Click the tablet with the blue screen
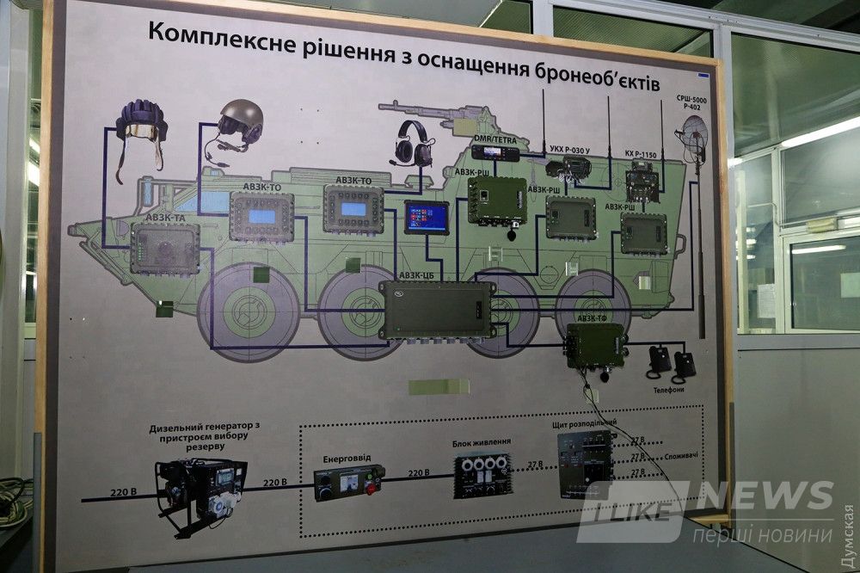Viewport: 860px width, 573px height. tap(427, 218)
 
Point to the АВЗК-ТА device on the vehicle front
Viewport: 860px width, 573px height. tap(164, 248)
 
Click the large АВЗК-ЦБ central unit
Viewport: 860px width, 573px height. tap(437, 309)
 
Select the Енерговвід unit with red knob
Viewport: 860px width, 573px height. tap(347, 483)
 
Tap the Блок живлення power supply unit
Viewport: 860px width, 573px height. tap(482, 475)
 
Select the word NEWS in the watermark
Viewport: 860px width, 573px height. tap(765, 496)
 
